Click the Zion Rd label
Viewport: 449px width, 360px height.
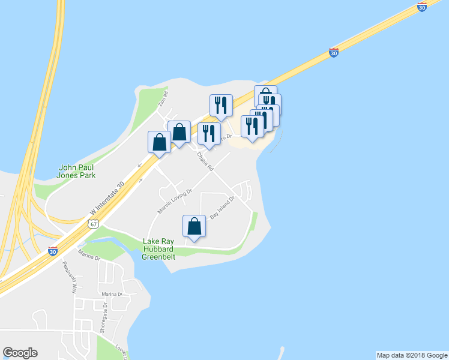[163, 97]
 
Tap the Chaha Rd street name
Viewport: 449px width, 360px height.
[205, 161]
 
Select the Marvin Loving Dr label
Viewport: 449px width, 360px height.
[175, 202]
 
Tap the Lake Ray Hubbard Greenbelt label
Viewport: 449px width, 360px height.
[158, 249]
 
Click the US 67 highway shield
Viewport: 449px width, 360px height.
[92, 224]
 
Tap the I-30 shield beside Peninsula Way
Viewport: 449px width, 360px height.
[53, 251]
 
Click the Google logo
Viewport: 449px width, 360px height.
[20, 353]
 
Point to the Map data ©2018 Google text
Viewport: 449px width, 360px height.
[411, 355]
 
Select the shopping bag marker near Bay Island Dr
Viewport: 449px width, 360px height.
[194, 226]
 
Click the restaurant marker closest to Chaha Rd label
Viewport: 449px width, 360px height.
[209, 134]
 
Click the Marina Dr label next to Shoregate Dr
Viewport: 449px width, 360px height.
[112, 295]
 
